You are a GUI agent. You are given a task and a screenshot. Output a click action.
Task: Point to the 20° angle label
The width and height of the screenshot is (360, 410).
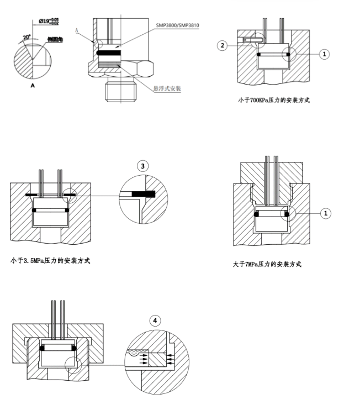pyautogui.click(x=27, y=38)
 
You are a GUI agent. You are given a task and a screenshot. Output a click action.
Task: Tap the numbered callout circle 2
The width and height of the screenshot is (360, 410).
pyautogui.click(x=222, y=45)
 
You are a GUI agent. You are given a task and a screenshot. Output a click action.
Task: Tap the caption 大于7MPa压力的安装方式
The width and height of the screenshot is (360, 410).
pyautogui.click(x=267, y=264)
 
